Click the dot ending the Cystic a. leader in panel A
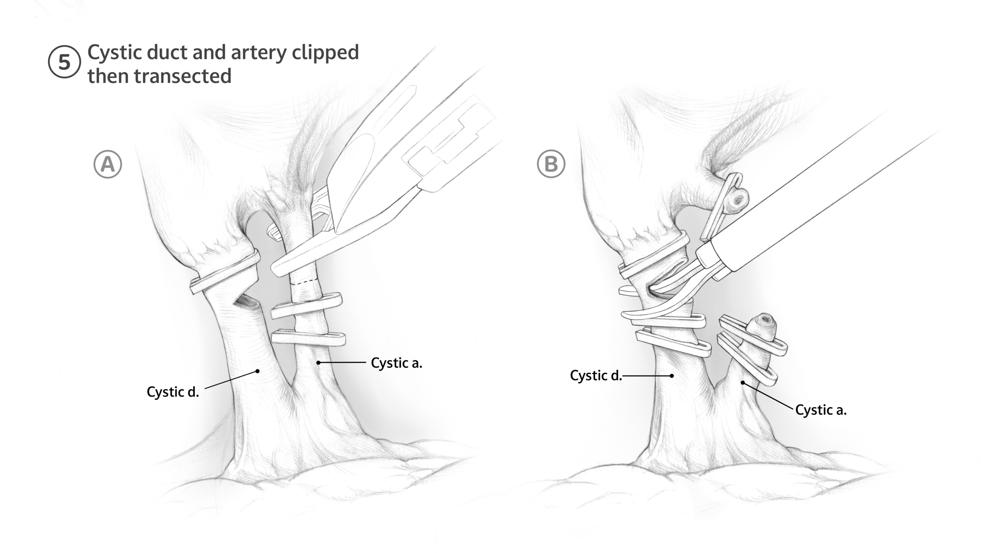tap(318, 362)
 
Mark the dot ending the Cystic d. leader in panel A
tap(258, 371)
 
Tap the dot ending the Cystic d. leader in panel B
tap(672, 376)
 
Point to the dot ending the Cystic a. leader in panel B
tap(743, 383)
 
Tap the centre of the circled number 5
tap(64, 62)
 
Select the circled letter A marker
tap(108, 164)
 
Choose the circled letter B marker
tap(551, 164)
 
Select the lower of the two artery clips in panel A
tap(308, 337)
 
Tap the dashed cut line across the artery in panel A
tap(305, 282)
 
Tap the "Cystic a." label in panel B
tap(821, 410)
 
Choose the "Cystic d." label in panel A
tap(173, 392)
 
